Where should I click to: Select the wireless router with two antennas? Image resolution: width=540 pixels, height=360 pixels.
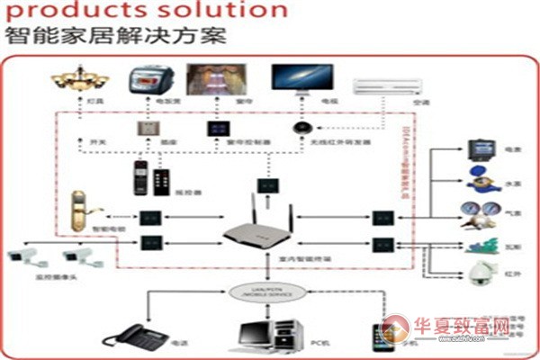pyautogui.click(x=259, y=232)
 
